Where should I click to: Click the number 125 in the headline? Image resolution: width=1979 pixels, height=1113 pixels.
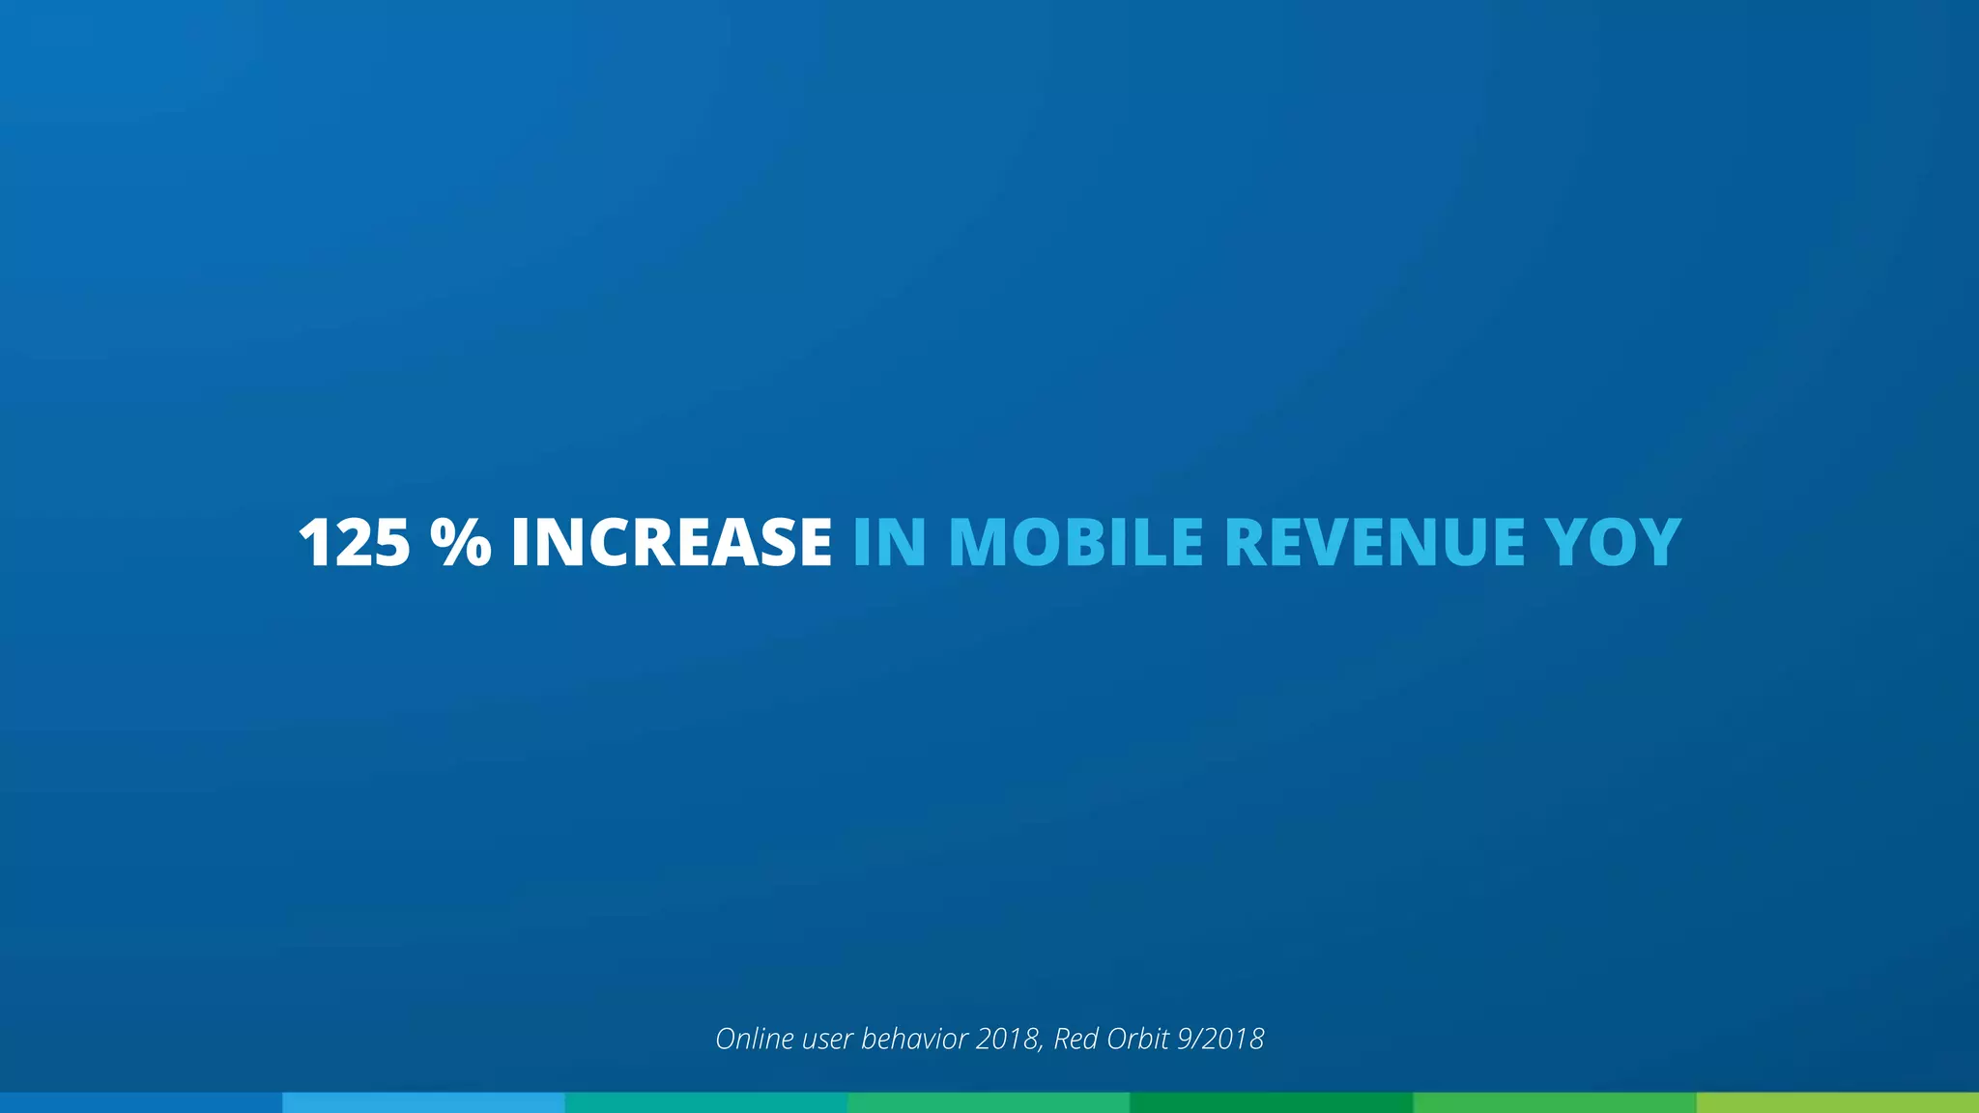[355, 542]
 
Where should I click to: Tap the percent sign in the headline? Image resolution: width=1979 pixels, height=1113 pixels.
[461, 542]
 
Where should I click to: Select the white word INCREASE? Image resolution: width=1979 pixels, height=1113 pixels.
[671, 542]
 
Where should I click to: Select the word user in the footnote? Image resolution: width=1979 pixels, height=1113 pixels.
[827, 1040]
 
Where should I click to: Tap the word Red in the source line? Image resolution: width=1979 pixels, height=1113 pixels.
[1075, 1039]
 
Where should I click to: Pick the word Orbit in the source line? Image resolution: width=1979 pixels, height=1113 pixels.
[1137, 1039]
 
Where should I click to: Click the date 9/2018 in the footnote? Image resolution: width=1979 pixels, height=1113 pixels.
[1220, 1040]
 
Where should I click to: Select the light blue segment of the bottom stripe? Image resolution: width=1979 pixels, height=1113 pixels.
[423, 1102]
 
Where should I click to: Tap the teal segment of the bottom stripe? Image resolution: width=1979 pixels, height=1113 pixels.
[706, 1102]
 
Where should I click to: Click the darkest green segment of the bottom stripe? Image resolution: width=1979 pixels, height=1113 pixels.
[1272, 1102]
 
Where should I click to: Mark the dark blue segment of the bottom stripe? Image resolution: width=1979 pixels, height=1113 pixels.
[141, 1102]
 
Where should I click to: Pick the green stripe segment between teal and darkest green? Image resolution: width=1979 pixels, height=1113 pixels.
[989, 1102]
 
